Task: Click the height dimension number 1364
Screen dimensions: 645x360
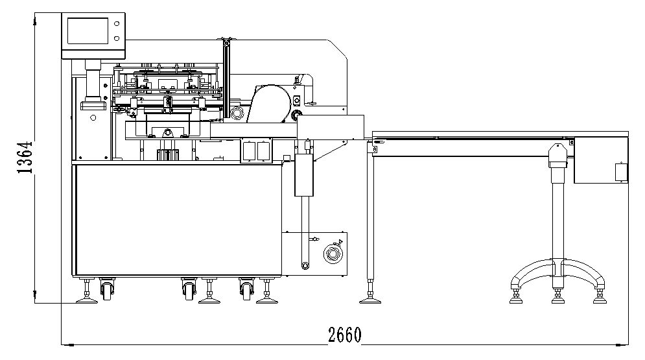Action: pyautogui.click(x=25, y=157)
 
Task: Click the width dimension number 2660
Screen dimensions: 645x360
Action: pyautogui.click(x=345, y=335)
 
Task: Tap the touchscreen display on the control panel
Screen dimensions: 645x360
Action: pyautogui.click(x=88, y=31)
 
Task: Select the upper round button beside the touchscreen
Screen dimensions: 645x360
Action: pyautogui.click(x=117, y=24)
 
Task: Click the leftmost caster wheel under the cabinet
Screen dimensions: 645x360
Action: pyautogui.click(x=106, y=289)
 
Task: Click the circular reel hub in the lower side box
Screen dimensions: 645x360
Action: pyautogui.click(x=333, y=254)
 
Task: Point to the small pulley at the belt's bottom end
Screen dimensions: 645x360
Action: pyautogui.click(x=305, y=265)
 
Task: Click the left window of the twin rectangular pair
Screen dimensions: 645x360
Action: pyautogui.click(x=249, y=151)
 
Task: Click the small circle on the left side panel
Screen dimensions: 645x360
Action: pyautogui.click(x=93, y=118)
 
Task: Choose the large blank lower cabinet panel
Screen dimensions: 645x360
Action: pyautogui.click(x=178, y=221)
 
